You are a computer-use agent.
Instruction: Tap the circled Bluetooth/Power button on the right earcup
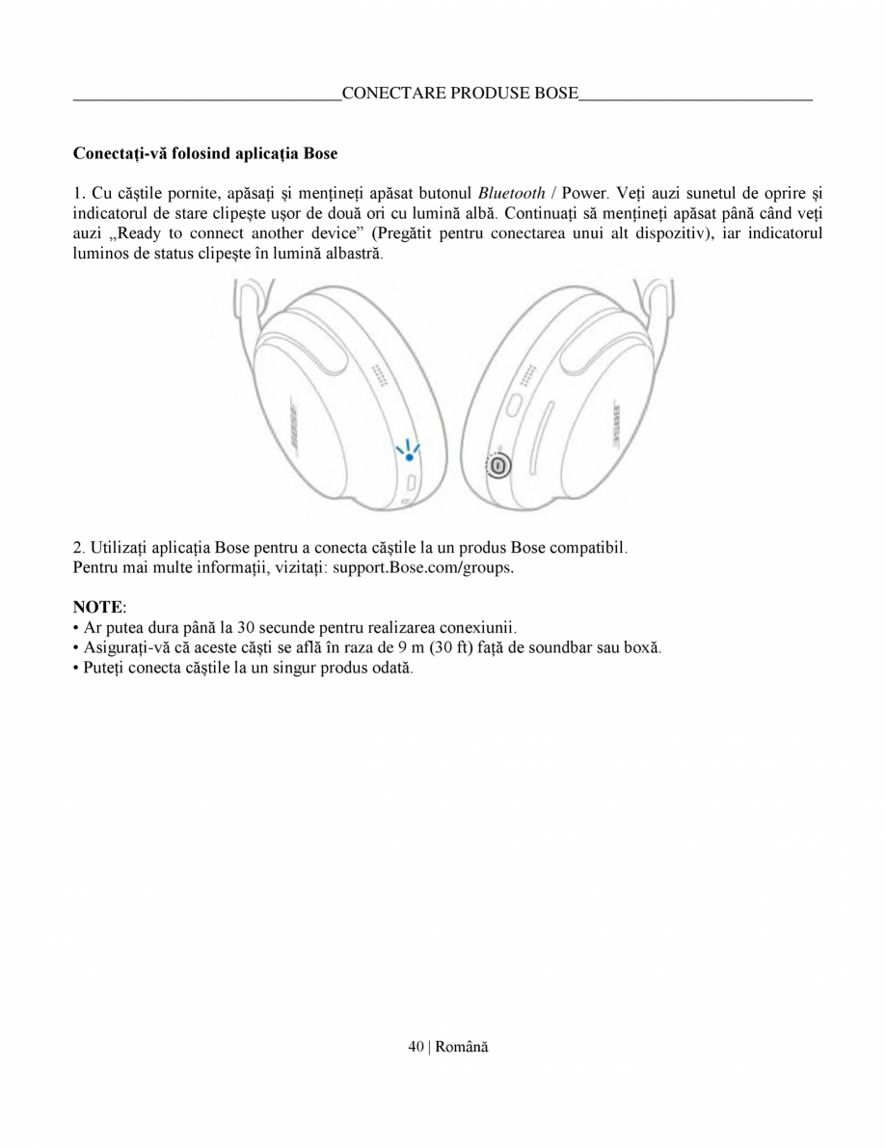click(498, 466)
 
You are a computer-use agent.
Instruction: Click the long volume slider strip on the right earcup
click(543, 433)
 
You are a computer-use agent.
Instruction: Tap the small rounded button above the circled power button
click(512, 403)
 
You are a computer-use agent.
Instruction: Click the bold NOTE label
click(98, 607)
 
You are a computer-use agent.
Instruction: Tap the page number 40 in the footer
click(416, 1048)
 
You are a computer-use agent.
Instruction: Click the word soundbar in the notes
click(576, 646)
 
